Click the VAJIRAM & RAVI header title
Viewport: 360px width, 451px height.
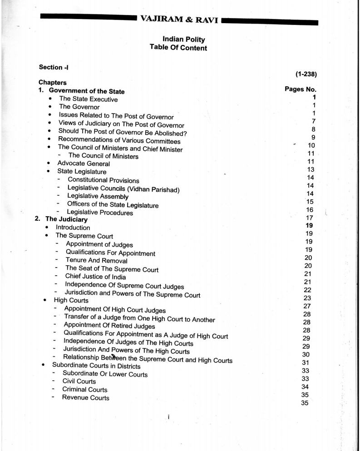click(179, 20)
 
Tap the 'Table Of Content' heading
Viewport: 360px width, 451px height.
click(178, 48)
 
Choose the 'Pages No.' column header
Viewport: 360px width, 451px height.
click(300, 89)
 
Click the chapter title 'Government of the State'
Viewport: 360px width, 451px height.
click(86, 91)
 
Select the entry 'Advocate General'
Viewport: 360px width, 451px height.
click(83, 164)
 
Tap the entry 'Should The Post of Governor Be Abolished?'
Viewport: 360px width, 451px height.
click(123, 133)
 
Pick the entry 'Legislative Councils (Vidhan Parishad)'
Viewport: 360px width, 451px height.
click(123, 188)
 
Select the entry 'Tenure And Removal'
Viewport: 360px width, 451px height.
click(96, 261)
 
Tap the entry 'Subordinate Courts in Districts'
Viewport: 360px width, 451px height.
click(96, 366)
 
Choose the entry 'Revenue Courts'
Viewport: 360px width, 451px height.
click(85, 398)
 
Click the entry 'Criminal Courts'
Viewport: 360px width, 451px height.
click(84, 390)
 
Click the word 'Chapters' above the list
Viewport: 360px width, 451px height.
click(52, 83)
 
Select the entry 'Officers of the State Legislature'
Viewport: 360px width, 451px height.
click(113, 205)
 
